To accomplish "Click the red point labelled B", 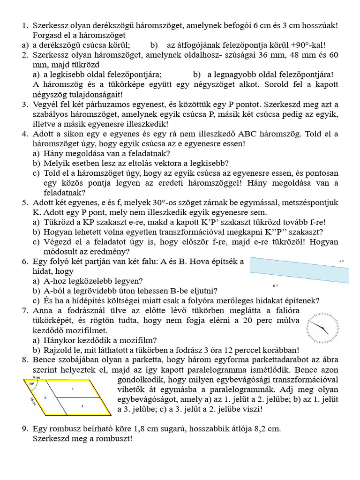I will pos(277,285).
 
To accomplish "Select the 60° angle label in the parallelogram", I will pos(31,383).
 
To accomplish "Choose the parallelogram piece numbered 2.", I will pos(82,406).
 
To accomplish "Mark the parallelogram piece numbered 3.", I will pos(45,397).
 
